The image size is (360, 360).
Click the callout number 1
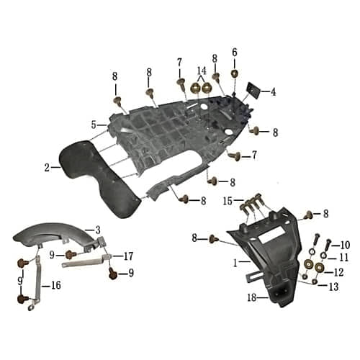coord(235,264)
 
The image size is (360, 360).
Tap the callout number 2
coord(47,168)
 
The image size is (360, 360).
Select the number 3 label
coord(97,229)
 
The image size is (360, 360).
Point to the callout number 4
coord(273,91)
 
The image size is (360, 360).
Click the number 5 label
coord(94,125)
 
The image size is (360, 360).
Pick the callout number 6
coord(234,52)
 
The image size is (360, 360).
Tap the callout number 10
coord(345,245)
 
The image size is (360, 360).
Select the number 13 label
coord(333,287)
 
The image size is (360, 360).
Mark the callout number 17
coord(129,256)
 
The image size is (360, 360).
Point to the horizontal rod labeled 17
coord(86,264)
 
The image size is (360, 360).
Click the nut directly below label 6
coord(235,73)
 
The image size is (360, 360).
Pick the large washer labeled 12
coord(320,271)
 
